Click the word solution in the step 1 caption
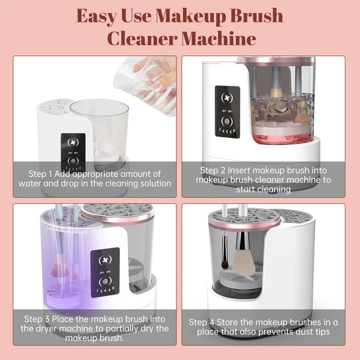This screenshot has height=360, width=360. pyautogui.click(x=152, y=184)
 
